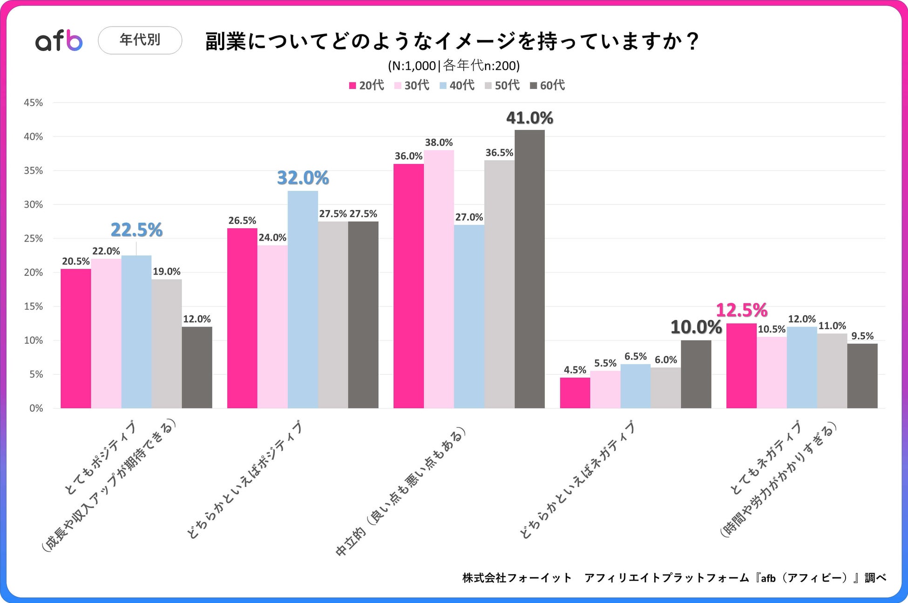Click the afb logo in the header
pyautogui.click(x=59, y=41)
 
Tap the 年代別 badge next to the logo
pyautogui.click(x=140, y=40)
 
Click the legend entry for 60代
pyautogui.click(x=548, y=85)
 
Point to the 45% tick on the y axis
pyautogui.click(x=34, y=103)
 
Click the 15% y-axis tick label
pyautogui.click(x=34, y=306)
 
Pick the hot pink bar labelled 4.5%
pyautogui.click(x=575, y=393)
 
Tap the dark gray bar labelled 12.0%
pyautogui.click(x=197, y=367)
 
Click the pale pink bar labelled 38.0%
pyautogui.click(x=439, y=279)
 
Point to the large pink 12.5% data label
pyautogui.click(x=741, y=310)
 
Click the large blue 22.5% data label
pyautogui.click(x=136, y=230)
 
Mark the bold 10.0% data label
pyautogui.click(x=696, y=327)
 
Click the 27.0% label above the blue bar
pyautogui.click(x=469, y=217)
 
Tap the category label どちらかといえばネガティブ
pyautogui.click(x=577, y=480)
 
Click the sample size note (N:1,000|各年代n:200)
pyautogui.click(x=454, y=66)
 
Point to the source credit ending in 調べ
pyautogui.click(x=674, y=578)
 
